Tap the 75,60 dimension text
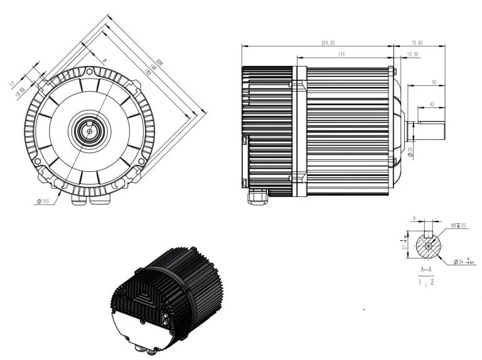click(417, 43)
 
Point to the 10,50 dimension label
click(413, 55)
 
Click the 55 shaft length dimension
click(434, 82)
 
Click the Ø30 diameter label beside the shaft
click(409, 151)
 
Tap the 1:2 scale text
click(427, 283)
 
